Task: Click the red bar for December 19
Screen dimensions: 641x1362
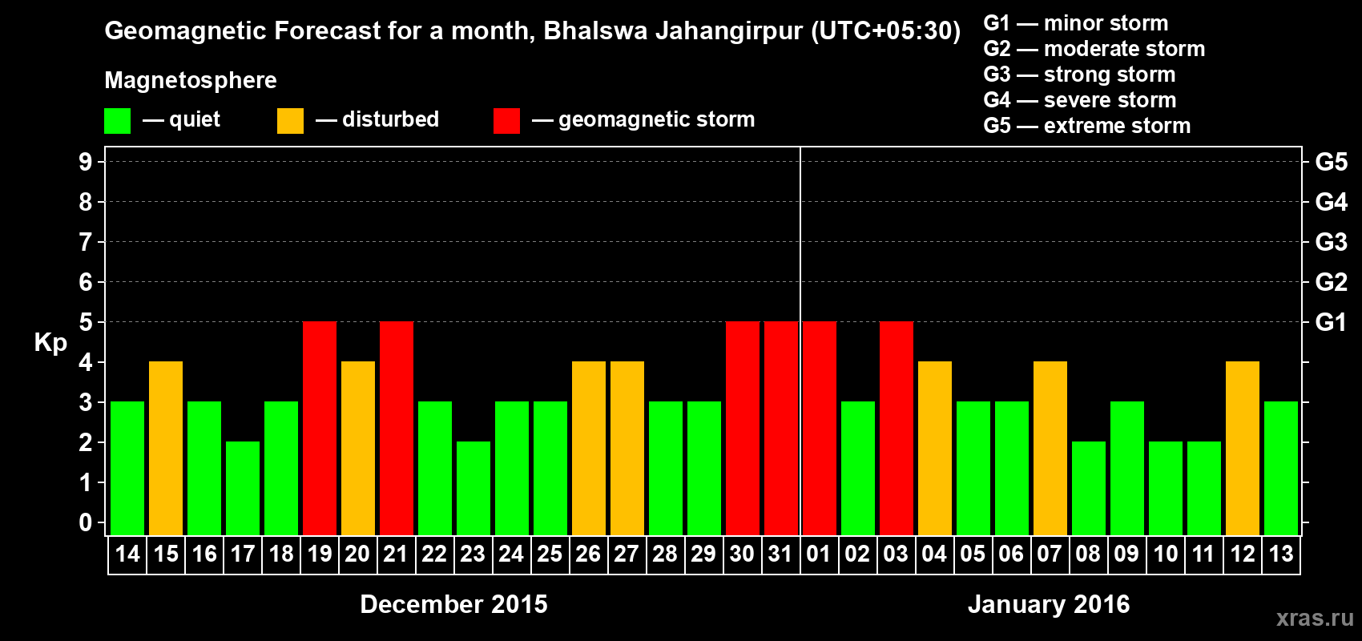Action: click(320, 428)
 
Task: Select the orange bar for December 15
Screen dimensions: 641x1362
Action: click(166, 448)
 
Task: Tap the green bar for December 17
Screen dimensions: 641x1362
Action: click(243, 488)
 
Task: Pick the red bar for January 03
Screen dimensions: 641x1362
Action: click(897, 428)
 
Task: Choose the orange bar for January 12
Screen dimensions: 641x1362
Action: click(1243, 448)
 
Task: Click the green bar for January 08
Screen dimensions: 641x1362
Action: click(1089, 488)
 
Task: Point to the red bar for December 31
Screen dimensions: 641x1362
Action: click(781, 428)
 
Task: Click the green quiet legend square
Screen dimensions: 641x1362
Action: click(118, 121)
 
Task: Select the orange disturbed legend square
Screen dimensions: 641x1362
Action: click(290, 121)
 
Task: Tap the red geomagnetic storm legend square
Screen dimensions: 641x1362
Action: click(506, 121)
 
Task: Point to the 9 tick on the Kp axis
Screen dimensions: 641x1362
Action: click(86, 162)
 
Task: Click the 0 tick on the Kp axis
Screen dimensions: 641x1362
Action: click(86, 522)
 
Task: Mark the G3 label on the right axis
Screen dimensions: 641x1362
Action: click(1331, 242)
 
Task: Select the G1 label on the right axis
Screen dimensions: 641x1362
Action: click(1331, 322)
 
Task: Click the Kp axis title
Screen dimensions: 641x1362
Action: click(50, 342)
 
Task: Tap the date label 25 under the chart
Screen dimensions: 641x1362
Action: click(550, 554)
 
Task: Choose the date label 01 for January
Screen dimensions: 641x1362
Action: click(819, 554)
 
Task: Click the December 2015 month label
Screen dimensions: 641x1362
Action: click(453, 604)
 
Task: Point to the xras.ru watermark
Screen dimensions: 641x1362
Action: click(1315, 618)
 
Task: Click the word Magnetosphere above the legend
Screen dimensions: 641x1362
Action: click(191, 80)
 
